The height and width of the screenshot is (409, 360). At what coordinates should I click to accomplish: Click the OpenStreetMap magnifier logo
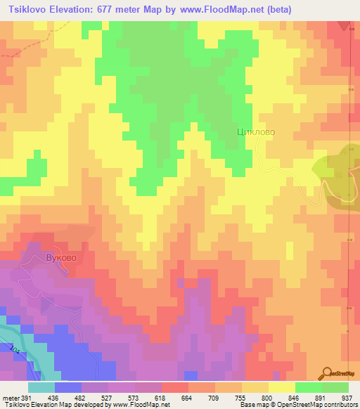(326, 372)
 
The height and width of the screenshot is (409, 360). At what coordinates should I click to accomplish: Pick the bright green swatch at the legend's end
(335, 387)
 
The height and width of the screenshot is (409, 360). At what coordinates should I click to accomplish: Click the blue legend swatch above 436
(68, 387)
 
